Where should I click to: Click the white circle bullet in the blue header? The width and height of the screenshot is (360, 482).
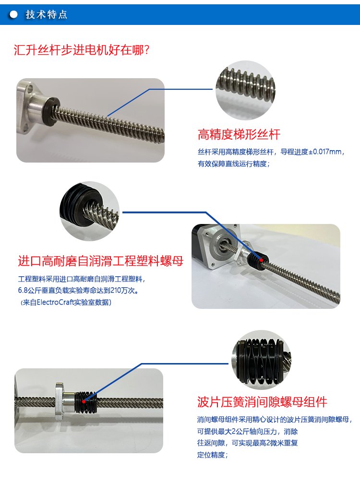(x=13, y=14)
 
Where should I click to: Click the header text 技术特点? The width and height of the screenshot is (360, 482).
(x=46, y=14)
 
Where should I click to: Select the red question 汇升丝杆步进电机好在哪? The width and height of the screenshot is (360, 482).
(x=82, y=50)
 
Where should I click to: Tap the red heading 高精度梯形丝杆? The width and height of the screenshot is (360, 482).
(x=239, y=134)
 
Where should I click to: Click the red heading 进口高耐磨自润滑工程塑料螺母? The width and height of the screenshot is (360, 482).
(x=101, y=261)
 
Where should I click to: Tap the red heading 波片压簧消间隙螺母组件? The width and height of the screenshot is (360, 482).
(x=262, y=402)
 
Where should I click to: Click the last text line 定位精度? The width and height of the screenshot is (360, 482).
(x=212, y=455)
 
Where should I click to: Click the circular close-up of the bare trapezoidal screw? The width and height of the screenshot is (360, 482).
(x=245, y=90)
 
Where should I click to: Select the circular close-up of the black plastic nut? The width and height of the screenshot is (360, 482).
(x=89, y=211)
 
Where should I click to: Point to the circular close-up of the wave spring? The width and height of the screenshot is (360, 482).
(x=262, y=360)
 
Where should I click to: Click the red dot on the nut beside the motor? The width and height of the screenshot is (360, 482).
(x=261, y=260)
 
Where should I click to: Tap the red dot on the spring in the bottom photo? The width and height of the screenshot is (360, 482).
(x=84, y=401)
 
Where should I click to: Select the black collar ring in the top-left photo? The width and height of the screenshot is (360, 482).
(x=50, y=111)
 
